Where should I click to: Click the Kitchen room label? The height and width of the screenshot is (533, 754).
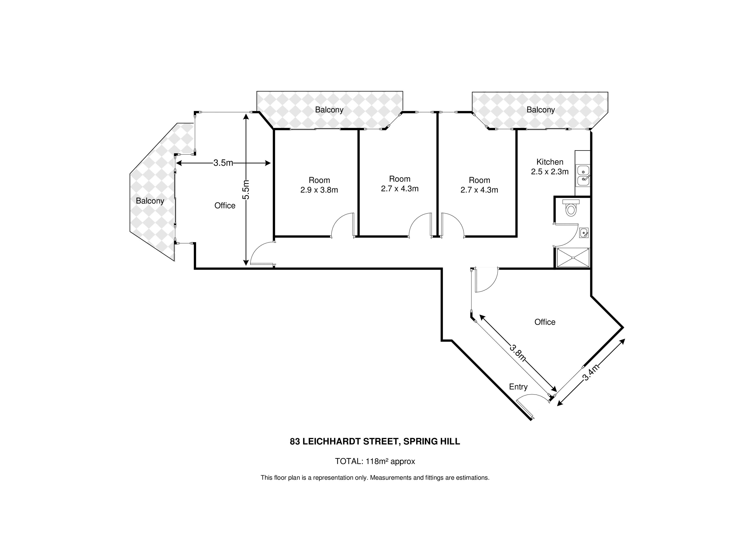[550, 162]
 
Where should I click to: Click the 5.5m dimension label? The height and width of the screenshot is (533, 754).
[246, 190]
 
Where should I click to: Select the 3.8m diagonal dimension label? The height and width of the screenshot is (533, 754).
[518, 352]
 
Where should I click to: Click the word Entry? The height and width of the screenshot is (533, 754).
[518, 387]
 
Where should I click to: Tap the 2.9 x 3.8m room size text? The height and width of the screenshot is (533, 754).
[319, 190]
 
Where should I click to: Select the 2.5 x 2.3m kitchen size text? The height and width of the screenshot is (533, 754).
[550, 172]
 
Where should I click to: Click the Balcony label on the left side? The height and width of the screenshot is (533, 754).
[150, 201]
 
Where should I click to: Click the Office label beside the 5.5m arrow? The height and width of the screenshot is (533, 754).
[225, 206]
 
